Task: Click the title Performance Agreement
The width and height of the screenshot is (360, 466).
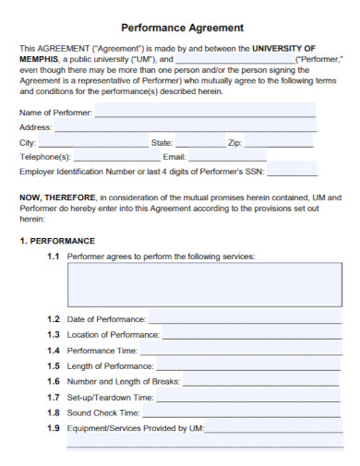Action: (183, 28)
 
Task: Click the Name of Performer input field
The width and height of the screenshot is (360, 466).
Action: (203, 112)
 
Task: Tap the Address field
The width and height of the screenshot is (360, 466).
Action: (185, 127)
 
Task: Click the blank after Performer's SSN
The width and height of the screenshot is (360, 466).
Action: (292, 172)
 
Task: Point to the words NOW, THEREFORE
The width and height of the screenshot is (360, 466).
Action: (56, 197)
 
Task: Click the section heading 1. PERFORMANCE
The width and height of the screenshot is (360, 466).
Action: (57, 241)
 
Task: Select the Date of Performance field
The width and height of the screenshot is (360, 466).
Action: (244, 318)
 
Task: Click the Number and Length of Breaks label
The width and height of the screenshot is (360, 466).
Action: (124, 381)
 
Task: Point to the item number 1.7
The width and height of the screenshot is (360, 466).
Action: (54, 397)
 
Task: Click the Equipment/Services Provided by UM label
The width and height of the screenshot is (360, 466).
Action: (136, 428)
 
